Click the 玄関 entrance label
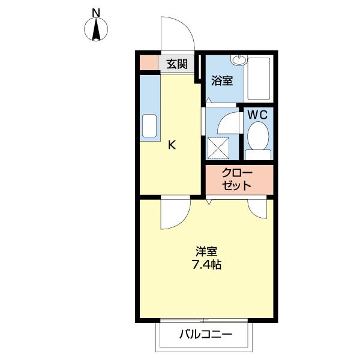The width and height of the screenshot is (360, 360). click(x=177, y=64)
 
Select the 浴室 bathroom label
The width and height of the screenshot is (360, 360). click(x=223, y=80)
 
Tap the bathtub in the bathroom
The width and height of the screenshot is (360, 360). click(x=260, y=79)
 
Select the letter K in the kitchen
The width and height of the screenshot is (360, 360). click(x=171, y=145)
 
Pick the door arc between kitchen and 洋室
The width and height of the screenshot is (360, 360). click(x=174, y=213)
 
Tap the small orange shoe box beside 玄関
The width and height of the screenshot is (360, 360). click(x=148, y=62)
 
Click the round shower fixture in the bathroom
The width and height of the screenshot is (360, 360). click(x=239, y=59)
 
